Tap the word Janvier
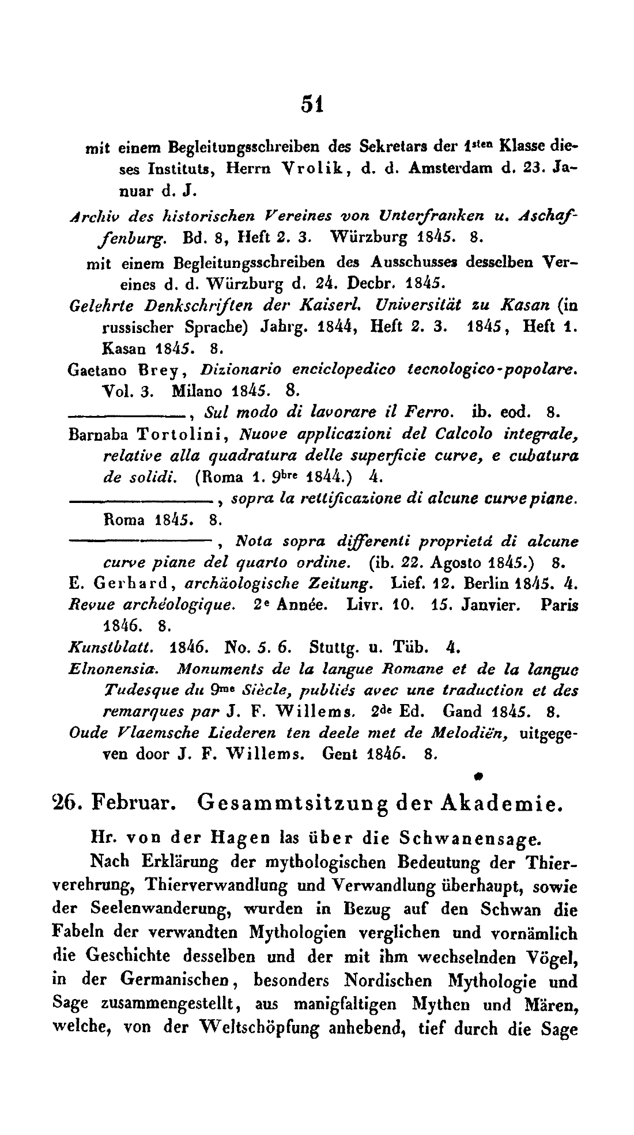494,606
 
